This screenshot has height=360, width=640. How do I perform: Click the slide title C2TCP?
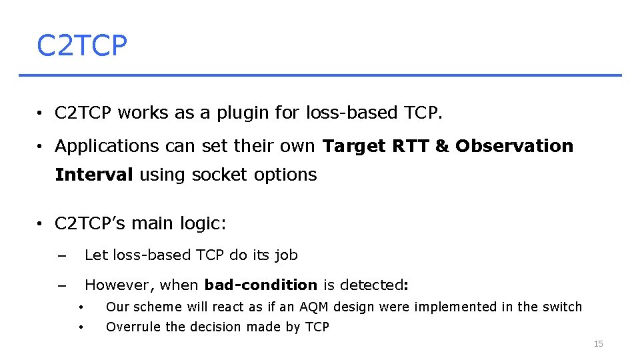(81, 46)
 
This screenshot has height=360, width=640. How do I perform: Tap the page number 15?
(598, 343)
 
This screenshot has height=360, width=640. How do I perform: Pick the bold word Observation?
(514, 146)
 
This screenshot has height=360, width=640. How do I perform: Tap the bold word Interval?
(94, 175)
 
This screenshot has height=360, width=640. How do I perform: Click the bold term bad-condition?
(261, 285)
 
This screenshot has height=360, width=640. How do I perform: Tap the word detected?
(372, 285)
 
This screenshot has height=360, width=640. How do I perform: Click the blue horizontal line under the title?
(320, 75)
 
